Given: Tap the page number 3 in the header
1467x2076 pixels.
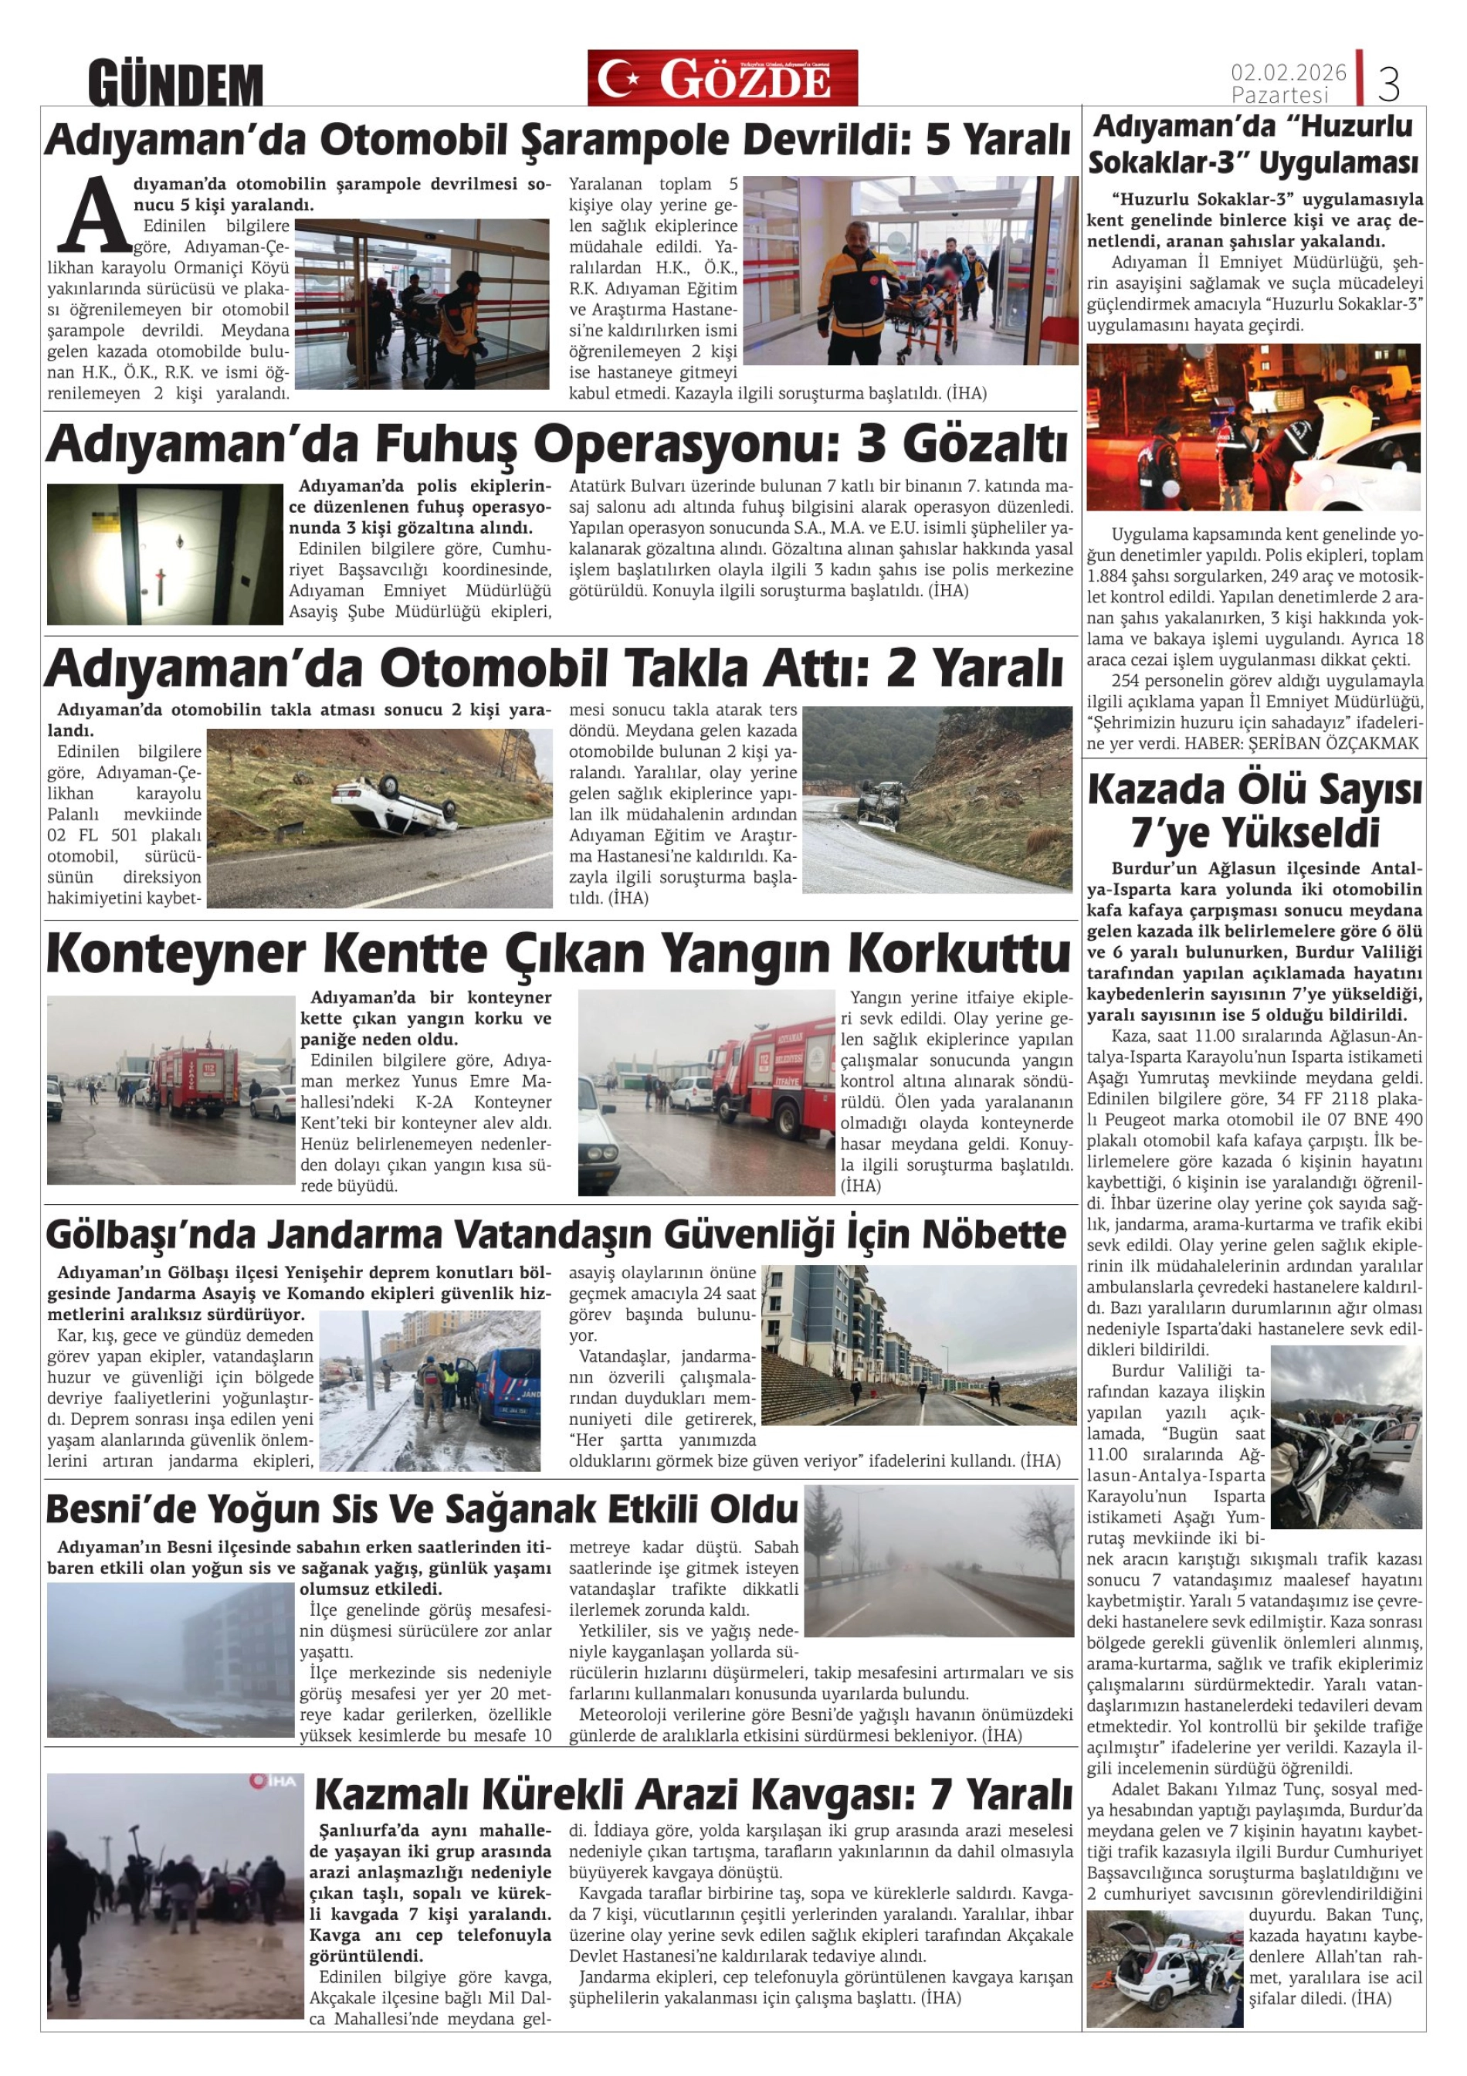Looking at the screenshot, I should [1388, 84].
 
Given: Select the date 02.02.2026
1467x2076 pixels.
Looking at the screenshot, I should [1288, 73].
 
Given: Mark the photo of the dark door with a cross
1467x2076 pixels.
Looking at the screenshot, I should [164, 553].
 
